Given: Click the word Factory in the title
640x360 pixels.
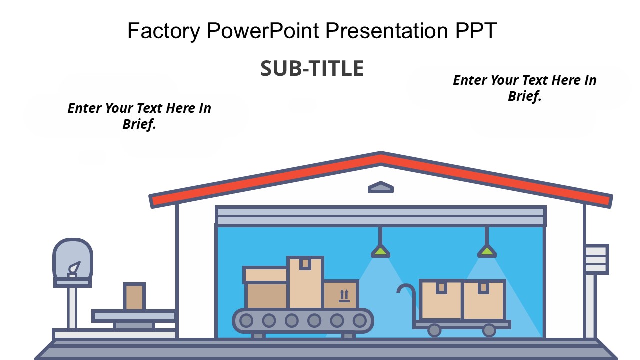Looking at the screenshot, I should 163,31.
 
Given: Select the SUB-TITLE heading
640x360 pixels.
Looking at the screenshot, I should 312,69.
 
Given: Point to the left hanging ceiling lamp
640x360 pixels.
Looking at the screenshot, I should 380,250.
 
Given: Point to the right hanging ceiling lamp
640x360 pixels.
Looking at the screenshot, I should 486,250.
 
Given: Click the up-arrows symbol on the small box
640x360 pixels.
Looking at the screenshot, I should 344,295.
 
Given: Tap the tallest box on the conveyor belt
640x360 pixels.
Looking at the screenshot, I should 305,283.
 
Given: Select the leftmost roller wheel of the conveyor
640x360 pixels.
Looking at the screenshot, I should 246,320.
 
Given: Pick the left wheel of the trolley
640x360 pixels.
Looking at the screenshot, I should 434,330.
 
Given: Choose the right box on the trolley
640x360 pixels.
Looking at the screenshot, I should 483,299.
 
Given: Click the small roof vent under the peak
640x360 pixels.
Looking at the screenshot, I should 381,187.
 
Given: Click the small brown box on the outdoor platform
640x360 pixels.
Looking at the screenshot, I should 134,297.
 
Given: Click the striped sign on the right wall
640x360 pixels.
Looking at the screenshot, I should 597,259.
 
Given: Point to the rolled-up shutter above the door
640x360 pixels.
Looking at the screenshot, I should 381,216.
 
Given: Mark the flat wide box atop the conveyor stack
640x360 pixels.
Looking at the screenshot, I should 265,275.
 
